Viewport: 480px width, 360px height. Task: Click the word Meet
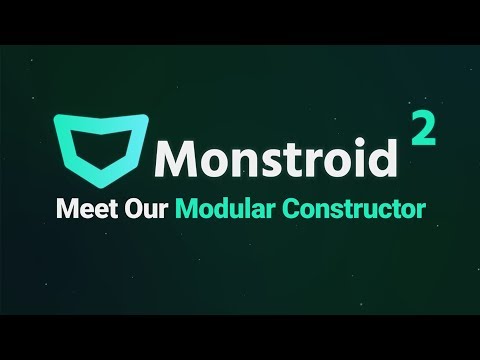pos(84,210)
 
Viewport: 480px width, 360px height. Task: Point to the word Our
pos(145,210)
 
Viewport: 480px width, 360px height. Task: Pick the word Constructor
pos(348,210)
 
